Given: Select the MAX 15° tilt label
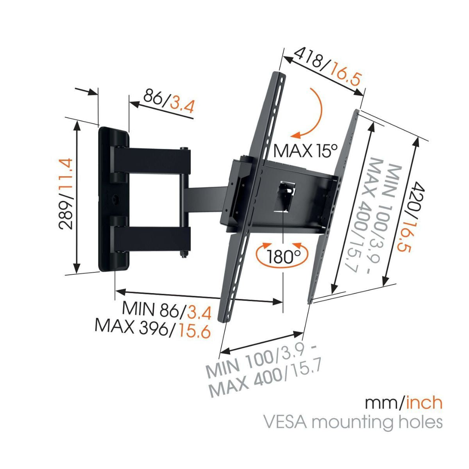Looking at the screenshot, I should [305, 150].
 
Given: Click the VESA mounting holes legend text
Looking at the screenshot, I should [353, 422].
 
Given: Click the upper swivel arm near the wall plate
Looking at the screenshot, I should [152, 160].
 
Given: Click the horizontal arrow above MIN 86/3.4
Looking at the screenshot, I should [199, 297].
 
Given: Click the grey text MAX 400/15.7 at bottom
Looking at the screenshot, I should [266, 381].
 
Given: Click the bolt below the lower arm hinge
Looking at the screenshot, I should [183, 254].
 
